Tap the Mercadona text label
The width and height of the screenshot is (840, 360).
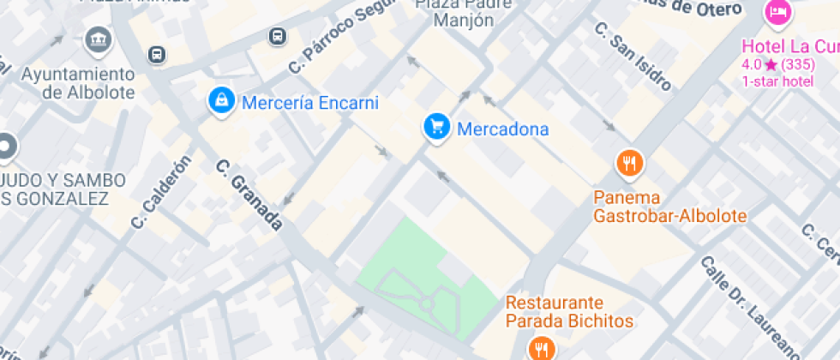tap(502, 129)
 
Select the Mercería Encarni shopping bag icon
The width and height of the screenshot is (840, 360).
tap(222, 102)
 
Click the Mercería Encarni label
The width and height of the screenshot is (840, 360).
tap(309, 103)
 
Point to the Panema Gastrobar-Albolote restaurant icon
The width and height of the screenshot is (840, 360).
tap(630, 162)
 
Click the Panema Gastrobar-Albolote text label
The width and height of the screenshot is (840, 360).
tap(669, 207)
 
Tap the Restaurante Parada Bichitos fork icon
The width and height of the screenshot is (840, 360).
tap(542, 347)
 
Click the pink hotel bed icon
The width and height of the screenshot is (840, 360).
tap(777, 13)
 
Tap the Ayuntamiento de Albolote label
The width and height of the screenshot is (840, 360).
tap(77, 83)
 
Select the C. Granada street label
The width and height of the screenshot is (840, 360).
tap(249, 195)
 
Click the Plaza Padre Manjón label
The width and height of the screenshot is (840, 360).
tap(465, 13)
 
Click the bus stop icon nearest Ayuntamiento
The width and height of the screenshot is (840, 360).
tap(156, 55)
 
